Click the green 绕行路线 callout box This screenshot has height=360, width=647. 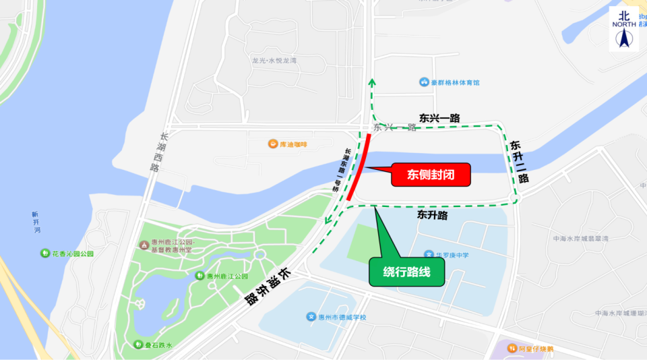point(408,272)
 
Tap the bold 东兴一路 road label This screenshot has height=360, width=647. point(439,118)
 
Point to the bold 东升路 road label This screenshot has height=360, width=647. point(432,216)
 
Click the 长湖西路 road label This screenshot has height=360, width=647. point(155,152)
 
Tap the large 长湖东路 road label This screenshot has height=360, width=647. point(266,287)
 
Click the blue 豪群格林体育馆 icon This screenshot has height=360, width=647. point(424,83)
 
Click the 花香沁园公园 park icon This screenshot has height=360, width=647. point(44,253)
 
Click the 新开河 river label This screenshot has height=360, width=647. point(35,222)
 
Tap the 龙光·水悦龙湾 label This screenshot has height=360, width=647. point(274,61)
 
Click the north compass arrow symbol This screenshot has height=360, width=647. point(623,39)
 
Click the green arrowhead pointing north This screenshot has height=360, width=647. point(371,82)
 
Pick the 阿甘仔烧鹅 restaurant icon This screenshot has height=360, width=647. point(512,349)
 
